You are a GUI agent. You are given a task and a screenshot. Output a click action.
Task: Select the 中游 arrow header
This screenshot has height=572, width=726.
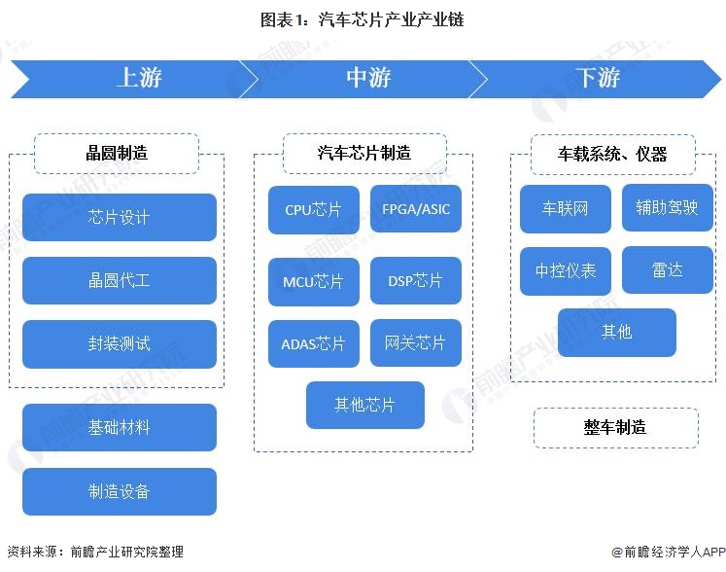(x=367, y=79)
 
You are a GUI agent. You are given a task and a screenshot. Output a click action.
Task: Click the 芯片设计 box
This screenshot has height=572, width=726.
(x=119, y=217)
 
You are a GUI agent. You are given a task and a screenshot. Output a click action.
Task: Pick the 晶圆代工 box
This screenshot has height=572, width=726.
(x=119, y=280)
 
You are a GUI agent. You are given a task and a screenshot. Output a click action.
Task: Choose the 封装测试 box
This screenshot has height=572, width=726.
(x=119, y=344)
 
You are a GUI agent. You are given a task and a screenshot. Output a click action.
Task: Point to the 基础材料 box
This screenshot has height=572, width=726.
(x=119, y=428)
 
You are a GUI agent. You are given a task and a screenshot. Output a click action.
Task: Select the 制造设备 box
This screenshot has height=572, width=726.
(x=119, y=491)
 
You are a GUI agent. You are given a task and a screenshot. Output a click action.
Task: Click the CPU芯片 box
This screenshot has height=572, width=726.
(x=313, y=209)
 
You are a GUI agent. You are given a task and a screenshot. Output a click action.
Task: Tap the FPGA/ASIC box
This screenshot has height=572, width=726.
(x=415, y=209)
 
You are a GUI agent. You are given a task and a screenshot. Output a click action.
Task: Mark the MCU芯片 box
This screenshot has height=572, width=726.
(x=313, y=281)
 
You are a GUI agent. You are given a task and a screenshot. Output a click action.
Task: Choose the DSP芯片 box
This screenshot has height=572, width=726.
(x=415, y=281)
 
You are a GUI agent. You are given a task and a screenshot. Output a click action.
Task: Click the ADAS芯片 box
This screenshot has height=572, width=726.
(x=313, y=343)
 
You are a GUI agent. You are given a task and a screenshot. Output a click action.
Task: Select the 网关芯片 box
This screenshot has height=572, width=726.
(x=415, y=343)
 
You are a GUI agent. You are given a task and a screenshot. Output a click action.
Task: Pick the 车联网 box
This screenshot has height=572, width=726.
(x=566, y=209)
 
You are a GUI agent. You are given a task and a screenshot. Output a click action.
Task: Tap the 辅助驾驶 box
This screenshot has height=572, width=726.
(x=667, y=207)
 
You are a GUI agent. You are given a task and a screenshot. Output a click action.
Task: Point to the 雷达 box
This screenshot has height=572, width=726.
(x=667, y=270)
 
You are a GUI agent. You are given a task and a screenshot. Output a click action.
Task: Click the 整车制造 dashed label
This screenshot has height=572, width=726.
(x=615, y=428)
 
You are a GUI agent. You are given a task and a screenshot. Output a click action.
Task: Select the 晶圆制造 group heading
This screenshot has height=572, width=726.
(x=117, y=153)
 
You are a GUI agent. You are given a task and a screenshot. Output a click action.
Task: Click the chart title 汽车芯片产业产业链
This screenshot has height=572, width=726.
(x=363, y=19)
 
